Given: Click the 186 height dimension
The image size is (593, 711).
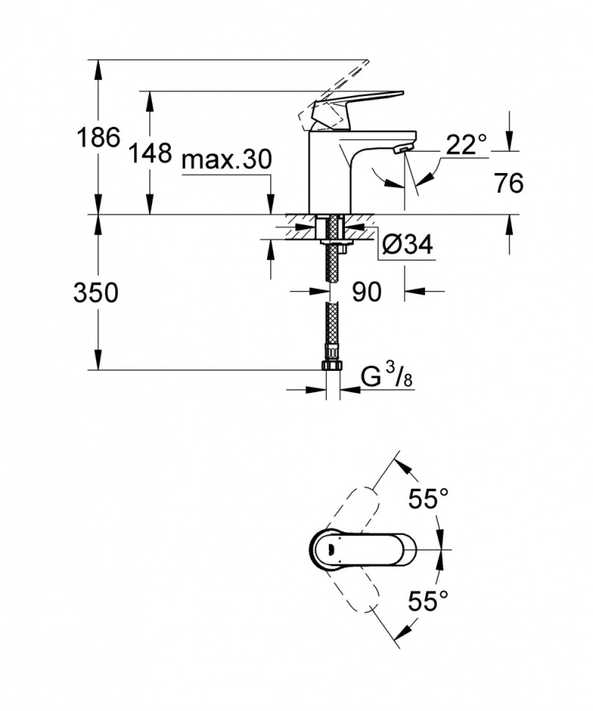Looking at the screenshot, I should [98, 136].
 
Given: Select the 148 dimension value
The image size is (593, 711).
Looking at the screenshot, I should [150, 154].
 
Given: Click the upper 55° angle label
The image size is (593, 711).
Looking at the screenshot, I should [429, 500].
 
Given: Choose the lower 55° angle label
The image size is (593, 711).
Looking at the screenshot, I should [429, 602].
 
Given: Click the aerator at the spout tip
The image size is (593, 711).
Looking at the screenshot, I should [401, 149].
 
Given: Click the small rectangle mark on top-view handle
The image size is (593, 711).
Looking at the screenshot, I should [332, 549].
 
